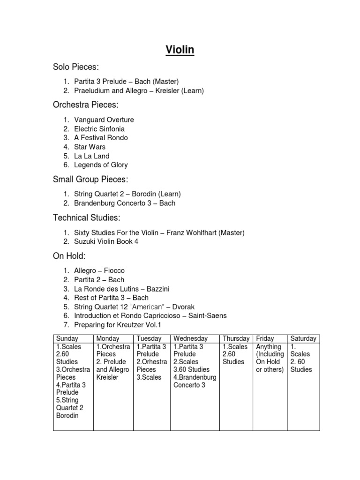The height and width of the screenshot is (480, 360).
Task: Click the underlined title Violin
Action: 180,50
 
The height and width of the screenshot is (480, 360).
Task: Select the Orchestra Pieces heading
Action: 85,105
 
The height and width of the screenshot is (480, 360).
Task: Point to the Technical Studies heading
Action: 86,217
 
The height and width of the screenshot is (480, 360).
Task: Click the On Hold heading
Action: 69,255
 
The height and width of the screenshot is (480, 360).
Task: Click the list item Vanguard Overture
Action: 104,120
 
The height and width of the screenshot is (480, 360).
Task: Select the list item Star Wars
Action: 90,147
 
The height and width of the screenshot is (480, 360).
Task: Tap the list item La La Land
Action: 92,156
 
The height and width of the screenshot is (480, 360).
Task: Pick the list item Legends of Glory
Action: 101,165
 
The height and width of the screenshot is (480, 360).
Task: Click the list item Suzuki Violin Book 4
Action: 106,241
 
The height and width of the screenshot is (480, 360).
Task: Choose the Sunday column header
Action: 67,338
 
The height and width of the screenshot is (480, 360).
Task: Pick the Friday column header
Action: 265,338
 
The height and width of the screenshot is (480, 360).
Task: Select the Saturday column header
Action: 303,338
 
